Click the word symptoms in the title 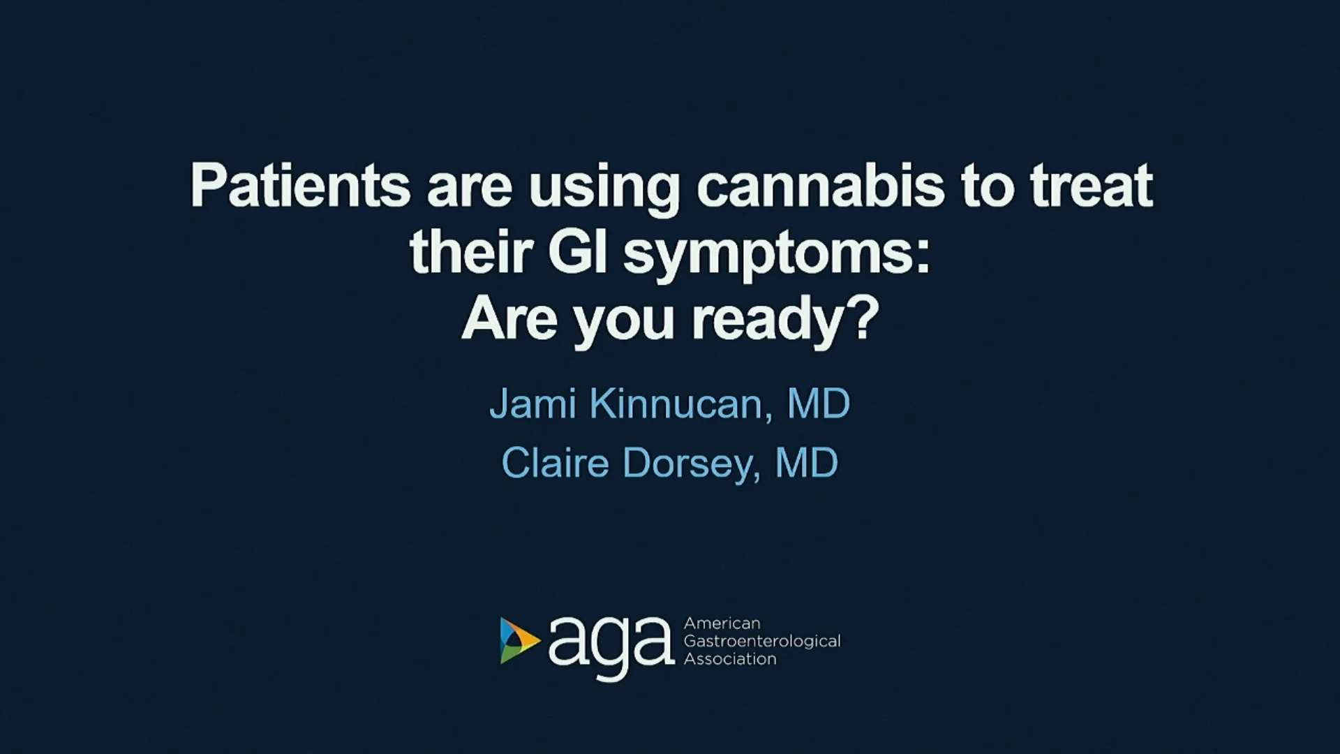coord(777,256)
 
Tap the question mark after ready coord(866,317)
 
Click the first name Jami coord(533,404)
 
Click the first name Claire coord(556,463)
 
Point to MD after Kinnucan coord(819,404)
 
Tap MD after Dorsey coord(807,463)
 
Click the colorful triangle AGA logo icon coord(519,640)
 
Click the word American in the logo coord(722,623)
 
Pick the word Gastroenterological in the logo coord(762,642)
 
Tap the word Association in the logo coord(730,658)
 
